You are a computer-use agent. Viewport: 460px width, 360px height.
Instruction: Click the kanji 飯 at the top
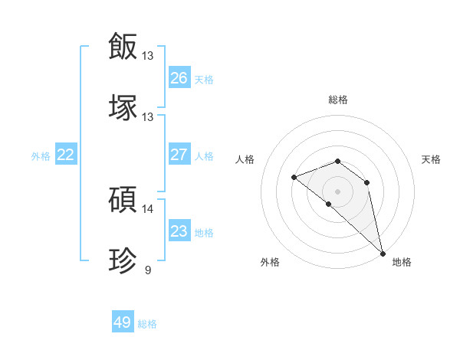point(123,45)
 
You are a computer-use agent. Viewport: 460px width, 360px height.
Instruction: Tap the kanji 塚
point(123,107)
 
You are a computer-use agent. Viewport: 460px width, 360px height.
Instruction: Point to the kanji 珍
point(123,261)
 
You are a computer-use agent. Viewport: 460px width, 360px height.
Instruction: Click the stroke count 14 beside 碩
point(147,209)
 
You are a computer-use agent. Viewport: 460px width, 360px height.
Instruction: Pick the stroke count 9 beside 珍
point(147,270)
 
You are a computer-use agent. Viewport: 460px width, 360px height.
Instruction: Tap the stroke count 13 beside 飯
point(147,56)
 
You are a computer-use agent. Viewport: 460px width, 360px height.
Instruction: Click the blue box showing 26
point(179,78)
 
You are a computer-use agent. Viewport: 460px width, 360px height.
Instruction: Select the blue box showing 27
point(179,155)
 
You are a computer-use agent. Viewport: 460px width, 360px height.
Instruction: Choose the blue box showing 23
point(179,231)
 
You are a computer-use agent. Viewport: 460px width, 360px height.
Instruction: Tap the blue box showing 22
point(66,155)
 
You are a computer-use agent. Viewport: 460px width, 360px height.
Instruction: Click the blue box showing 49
point(123,322)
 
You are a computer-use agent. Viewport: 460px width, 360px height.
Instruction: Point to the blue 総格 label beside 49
point(148,324)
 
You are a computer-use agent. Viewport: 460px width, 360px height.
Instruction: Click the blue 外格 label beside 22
point(41,156)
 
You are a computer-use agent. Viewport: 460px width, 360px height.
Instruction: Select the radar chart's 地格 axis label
point(402,262)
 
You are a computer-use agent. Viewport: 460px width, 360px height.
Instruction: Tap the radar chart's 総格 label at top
point(338,100)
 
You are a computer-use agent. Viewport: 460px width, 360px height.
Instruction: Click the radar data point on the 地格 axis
point(383,254)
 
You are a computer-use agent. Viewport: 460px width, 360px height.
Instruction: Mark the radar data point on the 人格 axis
point(294,178)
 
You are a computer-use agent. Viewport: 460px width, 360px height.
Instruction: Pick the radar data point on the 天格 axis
point(367,182)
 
